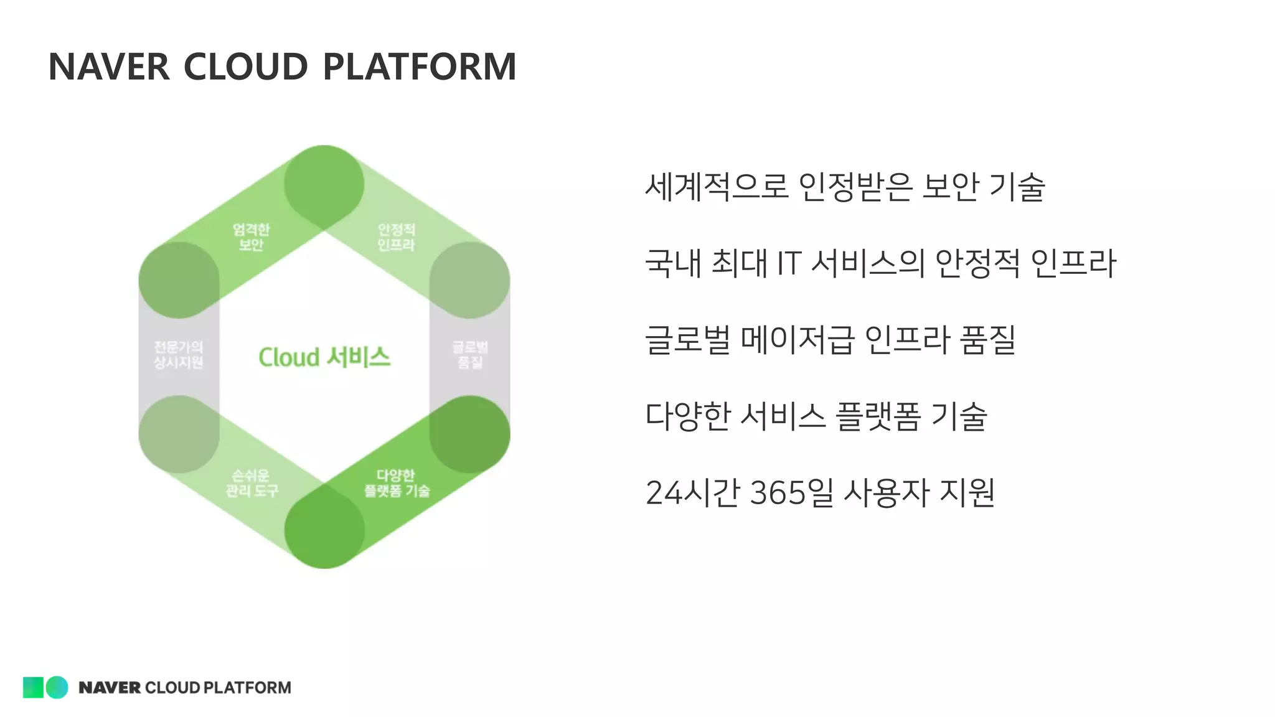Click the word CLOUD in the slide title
(245, 67)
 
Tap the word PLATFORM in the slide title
(420, 67)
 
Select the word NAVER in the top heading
(109, 67)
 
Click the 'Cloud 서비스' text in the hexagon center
(324, 357)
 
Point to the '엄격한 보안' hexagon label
(251, 237)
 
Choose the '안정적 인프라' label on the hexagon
(396, 237)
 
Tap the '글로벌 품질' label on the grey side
(470, 354)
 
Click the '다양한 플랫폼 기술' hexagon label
(397, 483)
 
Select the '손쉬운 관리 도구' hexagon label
(252, 483)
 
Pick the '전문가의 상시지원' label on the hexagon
(179, 354)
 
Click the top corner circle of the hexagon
(324, 184)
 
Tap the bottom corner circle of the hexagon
(324, 530)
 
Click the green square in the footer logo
(33, 687)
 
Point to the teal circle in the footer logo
(57, 687)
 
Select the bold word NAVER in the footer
(109, 688)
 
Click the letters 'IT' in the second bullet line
(788, 263)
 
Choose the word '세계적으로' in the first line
(717, 186)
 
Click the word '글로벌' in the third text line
(687, 340)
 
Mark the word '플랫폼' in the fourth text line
(878, 416)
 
